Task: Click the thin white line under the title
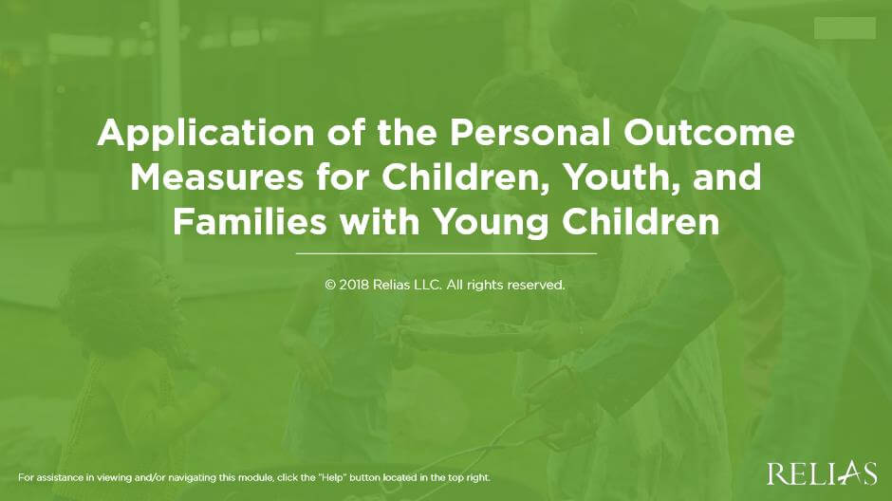pos(446,253)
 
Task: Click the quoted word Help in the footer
pos(341,476)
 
